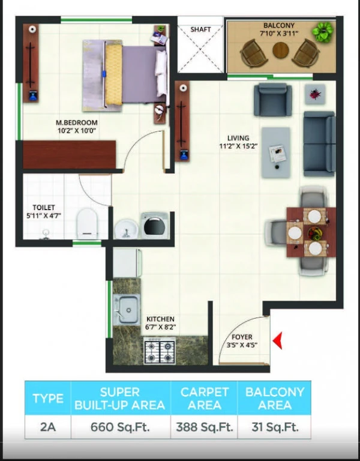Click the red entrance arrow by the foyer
[x=278, y=340]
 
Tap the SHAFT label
[x=201, y=29]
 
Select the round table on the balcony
[x=281, y=50]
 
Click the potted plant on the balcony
[x=323, y=31]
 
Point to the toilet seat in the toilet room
[x=86, y=223]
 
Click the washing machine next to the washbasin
[x=155, y=225]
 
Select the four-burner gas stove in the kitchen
[x=160, y=351]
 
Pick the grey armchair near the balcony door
[x=273, y=100]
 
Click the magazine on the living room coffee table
[x=277, y=154]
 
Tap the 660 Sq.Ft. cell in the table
[x=120, y=427]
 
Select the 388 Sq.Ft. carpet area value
[x=204, y=427]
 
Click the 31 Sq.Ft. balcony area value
[x=275, y=427]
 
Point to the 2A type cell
[x=47, y=427]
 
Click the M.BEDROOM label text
[x=77, y=122]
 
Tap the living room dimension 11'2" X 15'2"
[x=238, y=146]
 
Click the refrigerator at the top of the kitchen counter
[x=127, y=263]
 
